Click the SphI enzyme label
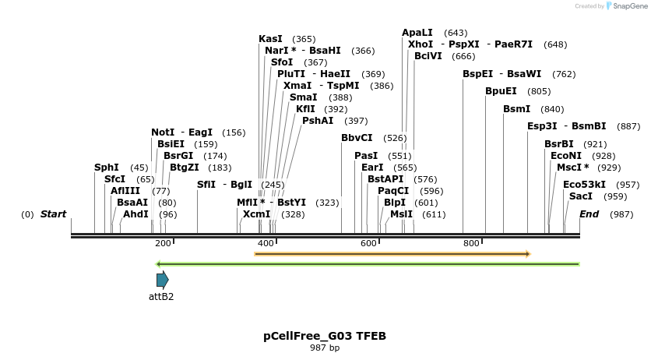[x=106, y=168]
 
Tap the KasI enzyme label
[x=271, y=39]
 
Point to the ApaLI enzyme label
[x=417, y=33]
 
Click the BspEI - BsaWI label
[x=502, y=75]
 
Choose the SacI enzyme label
[x=581, y=196]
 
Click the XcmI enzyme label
[x=257, y=214]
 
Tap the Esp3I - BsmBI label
[x=566, y=126]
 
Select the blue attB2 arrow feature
[x=162, y=280]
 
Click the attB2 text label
[x=161, y=297]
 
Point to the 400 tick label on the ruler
[x=266, y=243]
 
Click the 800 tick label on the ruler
[x=471, y=243]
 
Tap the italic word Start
[x=54, y=214]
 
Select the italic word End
[x=589, y=214]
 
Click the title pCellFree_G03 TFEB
[x=325, y=337]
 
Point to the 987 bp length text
[x=325, y=348]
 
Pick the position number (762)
[x=564, y=75]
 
